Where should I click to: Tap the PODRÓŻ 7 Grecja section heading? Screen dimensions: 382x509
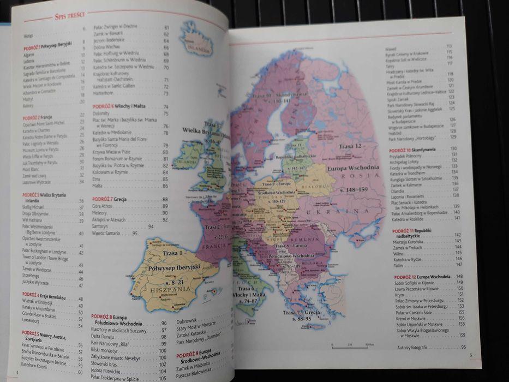click(110, 200)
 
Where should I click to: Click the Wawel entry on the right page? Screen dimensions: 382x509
click(392, 46)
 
